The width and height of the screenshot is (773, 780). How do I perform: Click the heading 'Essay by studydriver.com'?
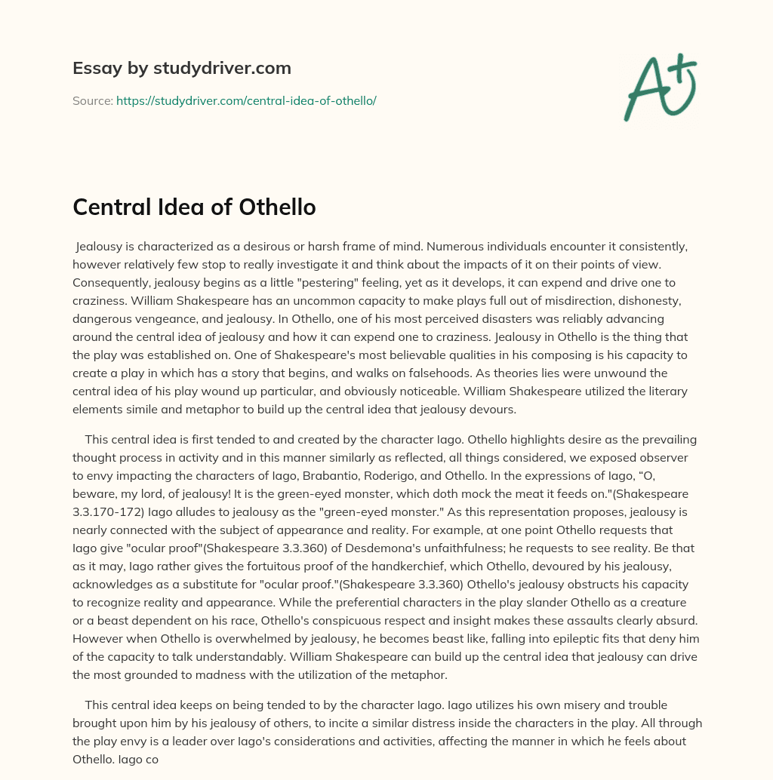182,69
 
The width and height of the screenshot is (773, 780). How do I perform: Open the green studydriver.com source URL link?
246,100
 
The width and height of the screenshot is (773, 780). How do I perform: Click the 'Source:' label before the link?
92,100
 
